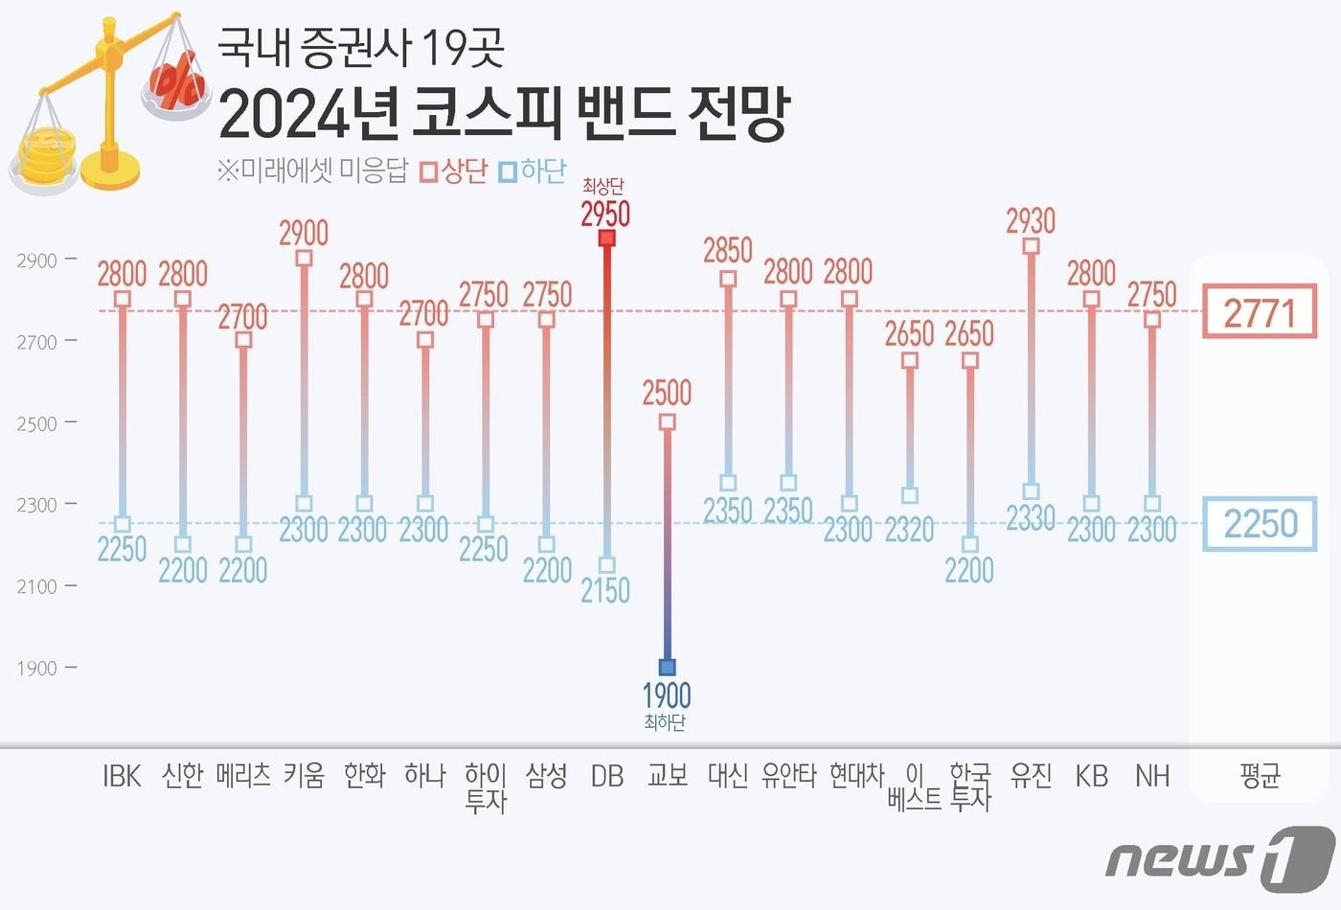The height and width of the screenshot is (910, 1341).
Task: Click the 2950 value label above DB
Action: [x=605, y=213]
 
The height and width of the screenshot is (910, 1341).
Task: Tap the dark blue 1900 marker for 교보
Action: [x=668, y=667]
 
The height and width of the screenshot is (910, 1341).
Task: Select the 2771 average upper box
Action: [x=1260, y=312]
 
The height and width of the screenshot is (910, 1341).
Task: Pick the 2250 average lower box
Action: [x=1260, y=524]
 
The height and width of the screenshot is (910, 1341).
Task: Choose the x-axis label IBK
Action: [x=122, y=776]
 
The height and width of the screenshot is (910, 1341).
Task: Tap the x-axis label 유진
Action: [x=1031, y=776]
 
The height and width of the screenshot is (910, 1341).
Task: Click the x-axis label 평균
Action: [x=1260, y=776]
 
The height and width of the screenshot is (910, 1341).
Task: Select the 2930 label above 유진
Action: [x=1031, y=221]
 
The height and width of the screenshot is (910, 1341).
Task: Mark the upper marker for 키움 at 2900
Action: [x=304, y=258]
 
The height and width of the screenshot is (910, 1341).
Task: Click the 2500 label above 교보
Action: [x=667, y=393]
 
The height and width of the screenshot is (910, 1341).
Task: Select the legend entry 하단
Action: [x=534, y=171]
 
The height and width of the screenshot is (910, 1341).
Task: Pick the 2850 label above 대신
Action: [x=728, y=251]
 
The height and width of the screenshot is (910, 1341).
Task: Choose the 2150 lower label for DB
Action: [x=605, y=590]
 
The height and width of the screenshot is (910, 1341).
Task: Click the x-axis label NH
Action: [x=1152, y=776]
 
